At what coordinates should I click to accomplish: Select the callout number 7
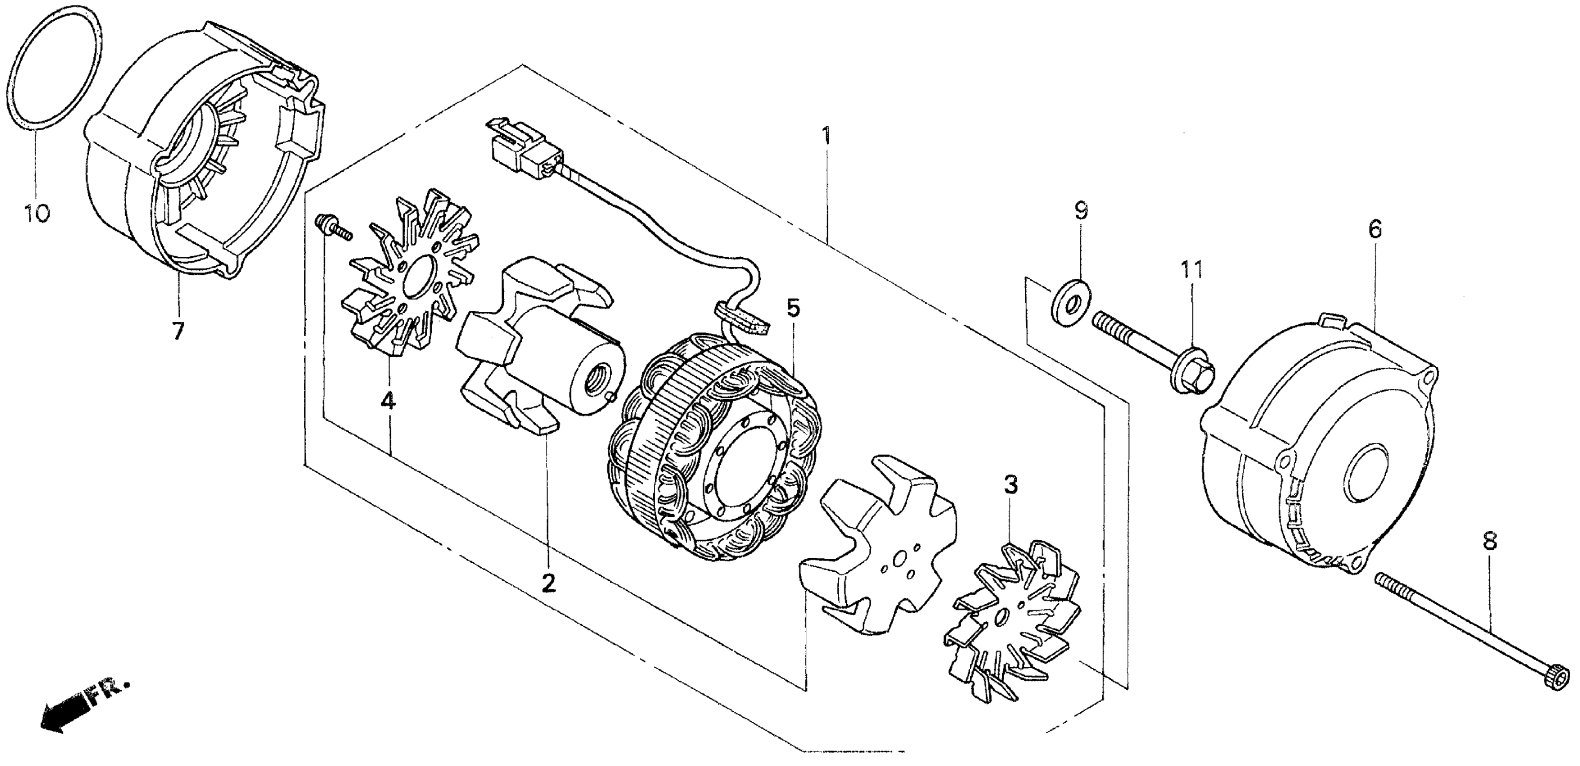[177, 332]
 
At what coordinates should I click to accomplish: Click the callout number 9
[1081, 212]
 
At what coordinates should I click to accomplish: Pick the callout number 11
[1191, 270]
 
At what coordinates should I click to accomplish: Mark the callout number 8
[1490, 542]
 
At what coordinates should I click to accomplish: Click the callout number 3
[1010, 486]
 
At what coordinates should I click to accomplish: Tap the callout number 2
[548, 583]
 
